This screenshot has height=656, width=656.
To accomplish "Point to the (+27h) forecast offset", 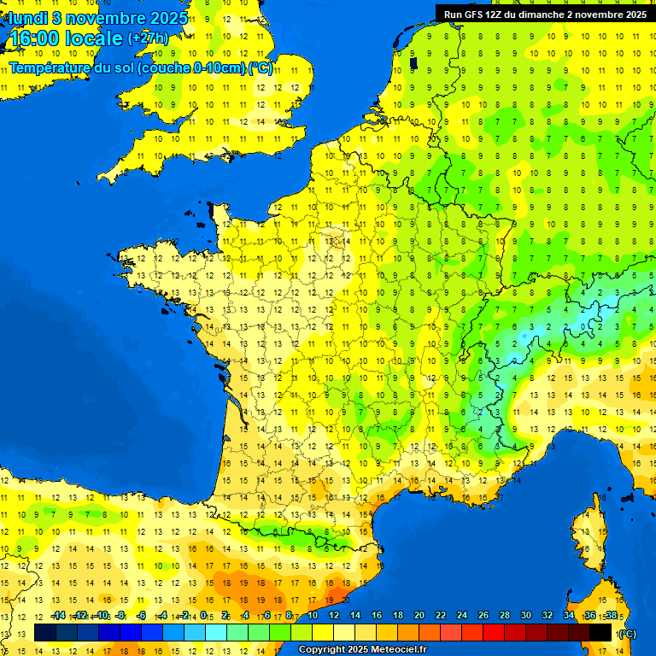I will [148, 38].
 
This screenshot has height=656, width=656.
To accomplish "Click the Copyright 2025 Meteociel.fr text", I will [362, 650].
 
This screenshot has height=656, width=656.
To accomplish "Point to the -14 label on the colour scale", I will [58, 615].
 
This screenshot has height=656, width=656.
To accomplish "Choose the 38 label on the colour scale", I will [611, 615].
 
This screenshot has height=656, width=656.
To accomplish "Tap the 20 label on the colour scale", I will [419, 615].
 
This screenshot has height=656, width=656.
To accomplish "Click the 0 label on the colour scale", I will [203, 615].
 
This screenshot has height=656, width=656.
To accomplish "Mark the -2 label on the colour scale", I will [183, 615].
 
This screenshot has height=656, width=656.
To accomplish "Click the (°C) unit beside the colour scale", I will [626, 633].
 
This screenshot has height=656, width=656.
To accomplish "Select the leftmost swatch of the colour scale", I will [45, 633].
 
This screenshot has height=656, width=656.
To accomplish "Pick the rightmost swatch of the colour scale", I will [600, 633].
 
